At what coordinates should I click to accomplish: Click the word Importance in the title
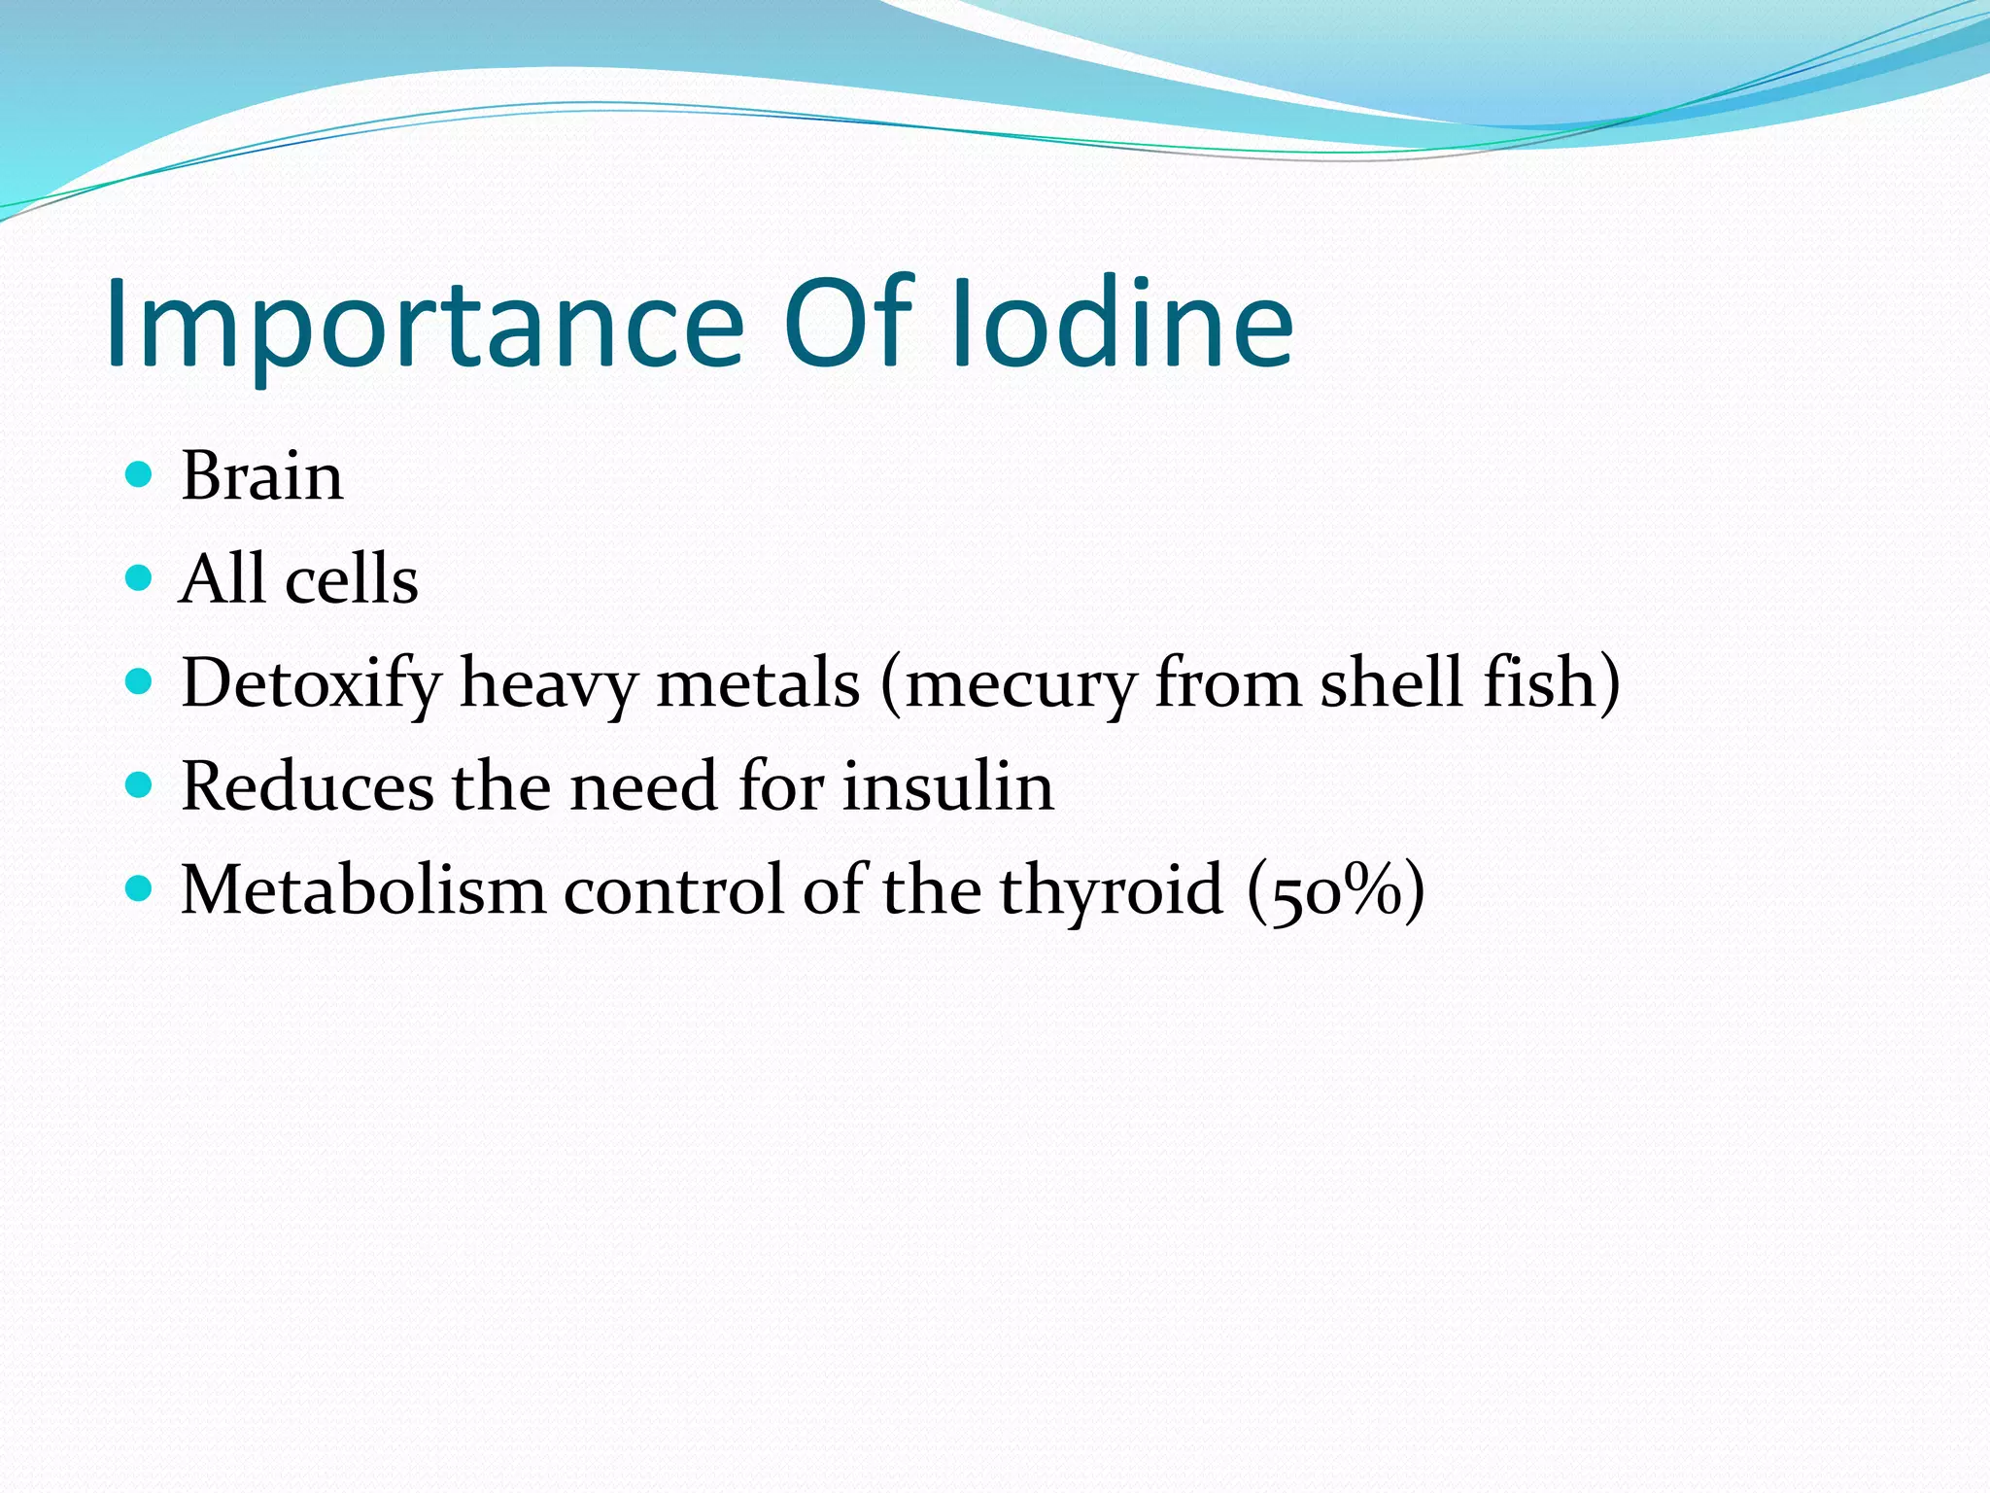click(426, 326)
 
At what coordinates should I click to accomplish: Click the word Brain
click(261, 476)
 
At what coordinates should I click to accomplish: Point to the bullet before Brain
click(140, 474)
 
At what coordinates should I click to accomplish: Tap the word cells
click(352, 580)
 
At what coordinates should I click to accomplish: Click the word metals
click(758, 682)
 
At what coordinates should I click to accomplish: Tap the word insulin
click(948, 785)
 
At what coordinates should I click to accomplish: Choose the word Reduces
click(307, 785)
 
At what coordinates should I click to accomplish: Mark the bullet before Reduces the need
click(140, 784)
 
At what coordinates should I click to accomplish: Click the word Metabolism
click(363, 889)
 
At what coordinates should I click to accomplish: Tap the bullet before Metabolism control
click(140, 887)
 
